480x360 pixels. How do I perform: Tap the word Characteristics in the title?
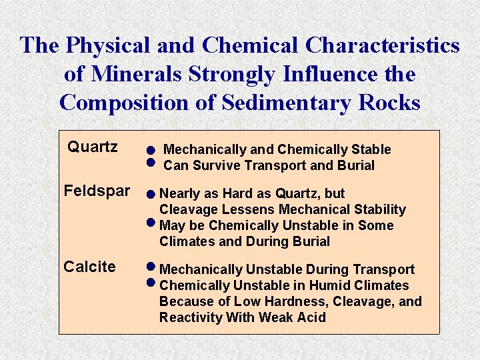pos(382,45)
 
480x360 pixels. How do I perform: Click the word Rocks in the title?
pos(390,103)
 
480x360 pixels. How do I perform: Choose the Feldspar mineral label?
pos(97,191)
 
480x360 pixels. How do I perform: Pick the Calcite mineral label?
pos(89,267)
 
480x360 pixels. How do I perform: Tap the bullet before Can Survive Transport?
pos(151,162)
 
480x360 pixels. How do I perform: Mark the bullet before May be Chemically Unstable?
pos(151,222)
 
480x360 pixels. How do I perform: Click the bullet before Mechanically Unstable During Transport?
pos(151,267)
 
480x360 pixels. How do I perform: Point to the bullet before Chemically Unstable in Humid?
pos(151,282)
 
